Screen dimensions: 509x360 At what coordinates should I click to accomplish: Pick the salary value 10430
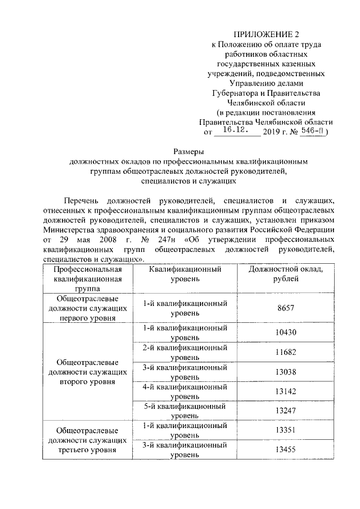[285, 332]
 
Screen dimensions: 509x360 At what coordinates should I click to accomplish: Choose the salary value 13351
[285, 430]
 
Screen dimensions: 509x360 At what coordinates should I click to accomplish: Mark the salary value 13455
[285, 450]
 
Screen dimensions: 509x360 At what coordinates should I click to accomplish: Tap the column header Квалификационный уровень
[185, 274]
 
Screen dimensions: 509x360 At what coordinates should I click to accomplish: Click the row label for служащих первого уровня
[87, 308]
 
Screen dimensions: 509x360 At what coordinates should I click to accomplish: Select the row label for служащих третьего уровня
[87, 440]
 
